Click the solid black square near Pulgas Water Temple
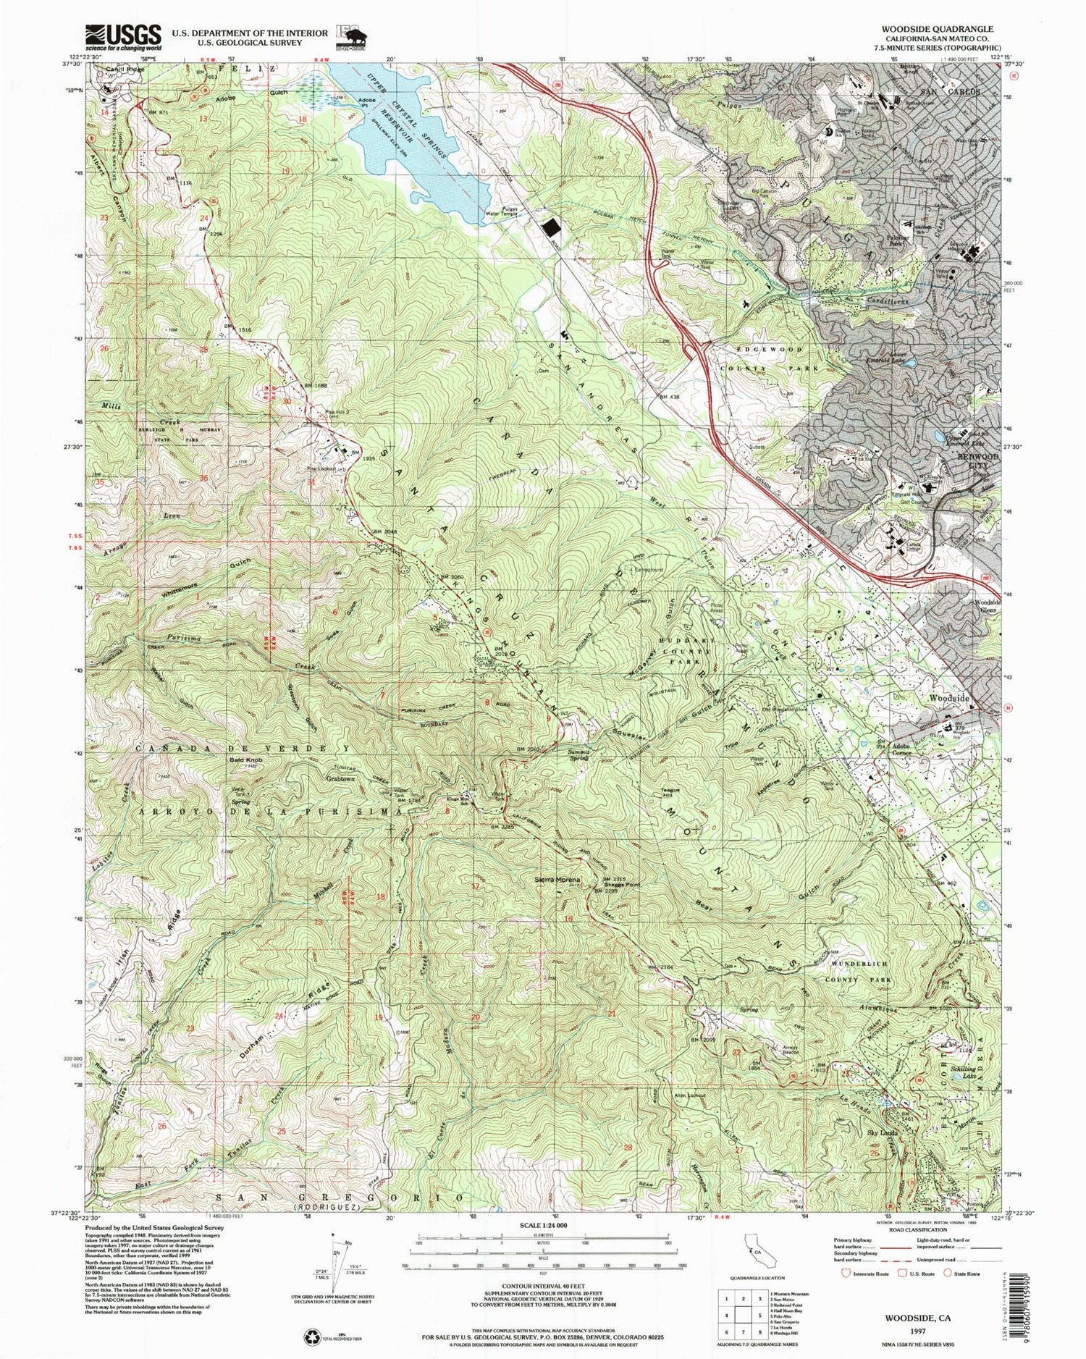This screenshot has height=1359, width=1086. click(552, 229)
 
